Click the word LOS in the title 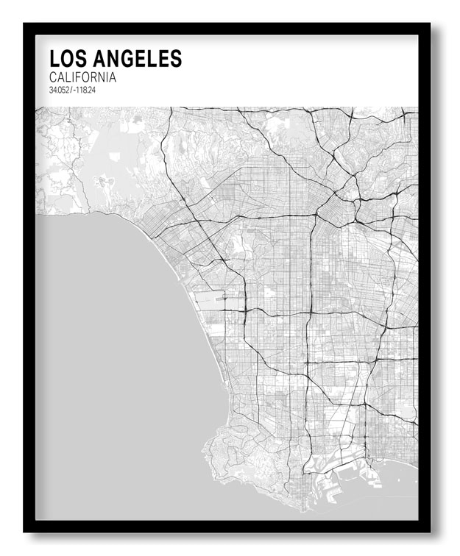point(67,59)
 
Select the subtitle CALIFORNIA point(82,77)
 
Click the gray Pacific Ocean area point(110,353)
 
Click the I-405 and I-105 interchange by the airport point(244,311)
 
